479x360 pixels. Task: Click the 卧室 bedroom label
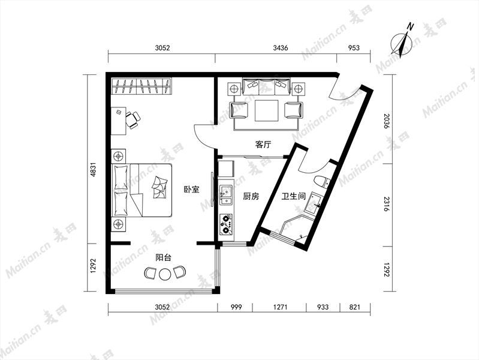[x=191, y=190]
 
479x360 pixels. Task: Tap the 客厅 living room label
[x=263, y=145]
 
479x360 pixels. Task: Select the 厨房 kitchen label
[x=251, y=196]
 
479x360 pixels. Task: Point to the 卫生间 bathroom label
[x=294, y=196]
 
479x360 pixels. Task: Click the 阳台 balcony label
[x=164, y=257]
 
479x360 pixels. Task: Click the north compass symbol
[x=403, y=41]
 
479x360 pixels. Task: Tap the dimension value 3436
[x=281, y=48]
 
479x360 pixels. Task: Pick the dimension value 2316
[x=387, y=205]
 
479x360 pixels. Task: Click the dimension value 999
[x=236, y=307]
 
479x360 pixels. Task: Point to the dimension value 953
[x=354, y=48]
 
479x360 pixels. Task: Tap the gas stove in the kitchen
[x=226, y=224]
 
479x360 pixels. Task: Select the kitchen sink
[x=226, y=194]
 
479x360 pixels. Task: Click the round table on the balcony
[x=165, y=274]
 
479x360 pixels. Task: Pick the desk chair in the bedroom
[x=133, y=119]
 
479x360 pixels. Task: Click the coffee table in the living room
[x=267, y=110]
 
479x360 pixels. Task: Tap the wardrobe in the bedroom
[x=141, y=86]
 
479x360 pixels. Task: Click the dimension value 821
[x=355, y=307]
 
